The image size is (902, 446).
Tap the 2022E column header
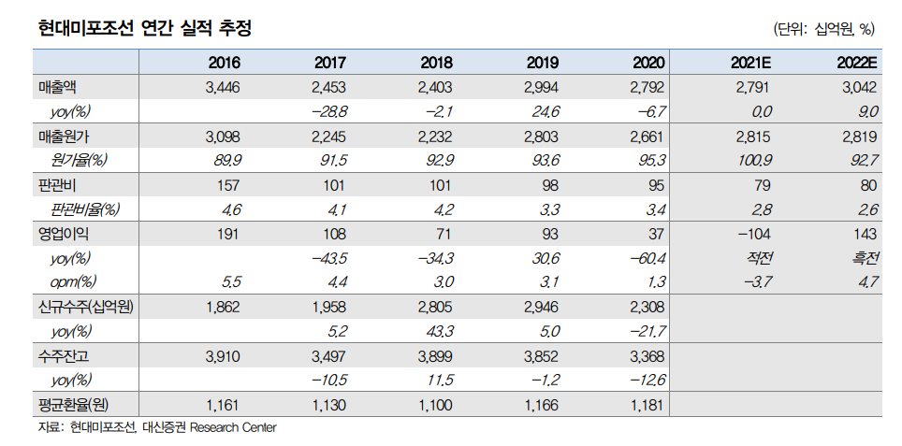pyautogui.click(x=856, y=63)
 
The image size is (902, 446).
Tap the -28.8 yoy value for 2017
pyautogui.click(x=328, y=112)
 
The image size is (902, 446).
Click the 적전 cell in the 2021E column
pyautogui.click(x=759, y=258)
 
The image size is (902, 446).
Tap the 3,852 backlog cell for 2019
pyautogui.click(x=540, y=355)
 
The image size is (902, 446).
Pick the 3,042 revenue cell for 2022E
pyautogui.click(x=860, y=88)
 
